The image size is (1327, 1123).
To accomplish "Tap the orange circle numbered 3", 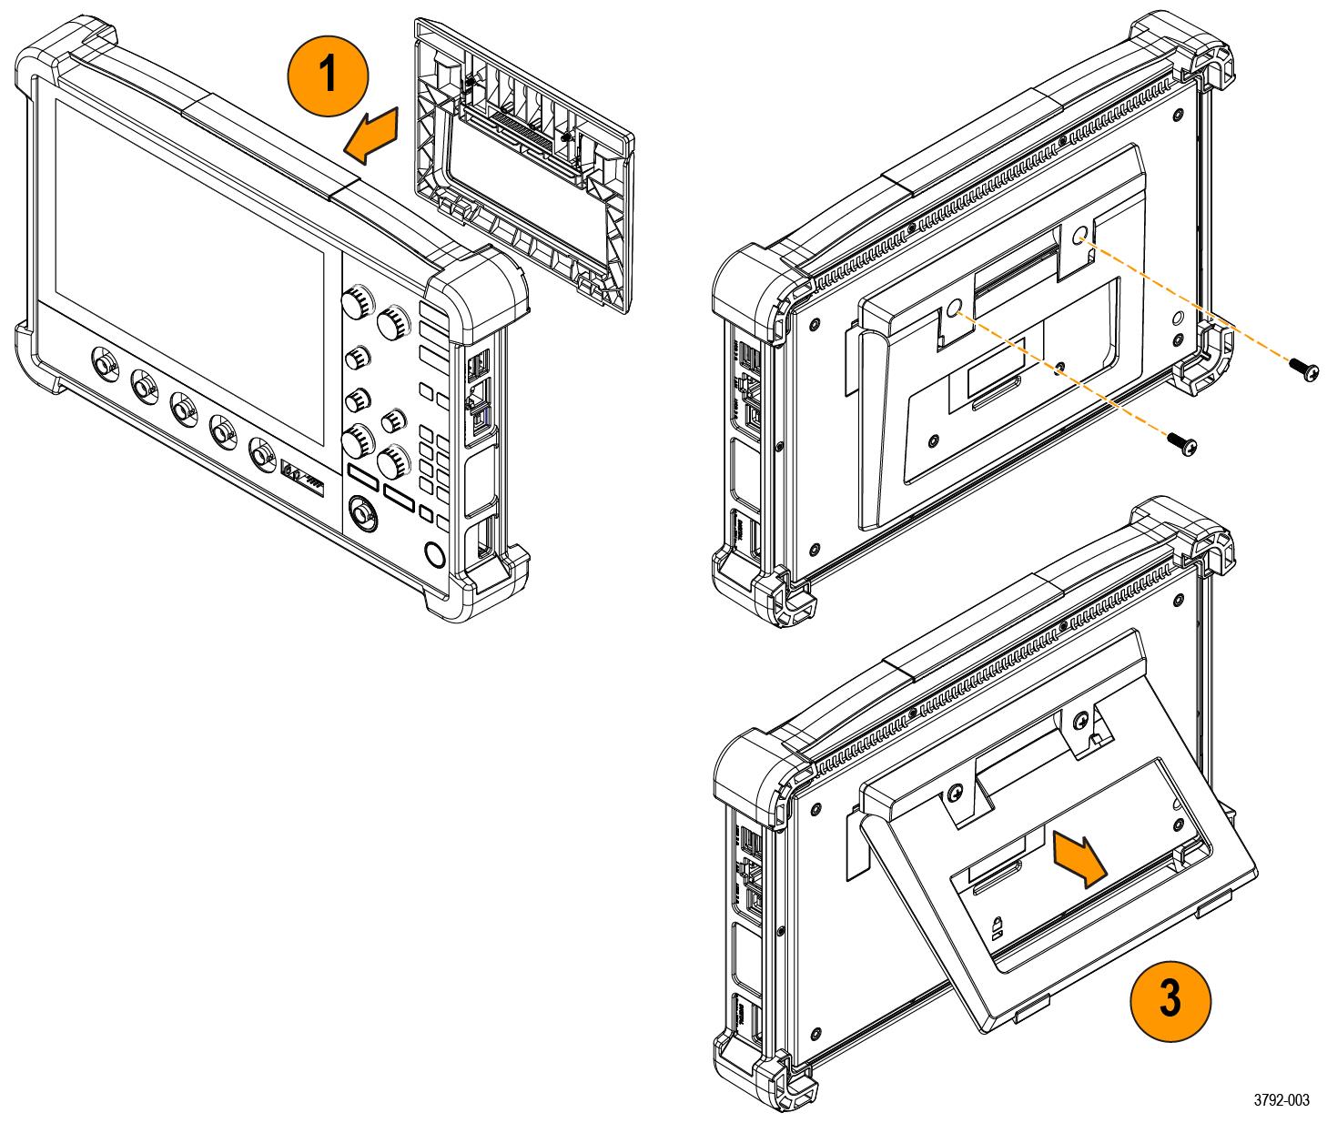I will point(1170,1000).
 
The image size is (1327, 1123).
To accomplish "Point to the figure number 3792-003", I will point(1282,1101).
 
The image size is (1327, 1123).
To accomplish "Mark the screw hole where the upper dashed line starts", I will point(1080,236).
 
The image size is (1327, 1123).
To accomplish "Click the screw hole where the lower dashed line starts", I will point(953,309).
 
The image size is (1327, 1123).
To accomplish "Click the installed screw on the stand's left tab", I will point(954,794).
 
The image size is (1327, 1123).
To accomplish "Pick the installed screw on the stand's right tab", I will point(1080,721).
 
